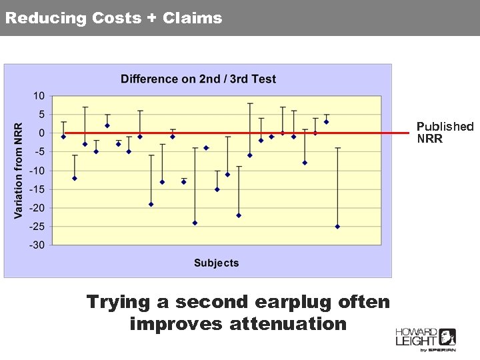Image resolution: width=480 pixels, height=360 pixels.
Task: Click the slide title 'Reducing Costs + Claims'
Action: click(x=113, y=18)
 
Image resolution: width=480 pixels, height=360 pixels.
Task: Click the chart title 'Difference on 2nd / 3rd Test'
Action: click(x=198, y=79)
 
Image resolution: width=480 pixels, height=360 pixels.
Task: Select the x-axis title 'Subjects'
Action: click(x=216, y=263)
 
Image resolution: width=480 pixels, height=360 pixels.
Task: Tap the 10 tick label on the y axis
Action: click(x=39, y=96)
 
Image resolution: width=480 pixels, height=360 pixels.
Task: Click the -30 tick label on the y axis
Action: click(x=37, y=245)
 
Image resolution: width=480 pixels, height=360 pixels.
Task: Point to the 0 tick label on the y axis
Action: click(x=42, y=133)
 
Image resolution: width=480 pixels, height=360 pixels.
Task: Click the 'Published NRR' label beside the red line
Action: click(x=445, y=133)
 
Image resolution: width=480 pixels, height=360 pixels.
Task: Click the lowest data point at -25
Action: click(x=337, y=227)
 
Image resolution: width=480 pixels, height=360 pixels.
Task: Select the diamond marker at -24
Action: click(x=195, y=223)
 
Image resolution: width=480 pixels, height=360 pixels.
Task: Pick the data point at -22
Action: click(x=239, y=215)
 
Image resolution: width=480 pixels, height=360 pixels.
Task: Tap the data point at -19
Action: click(x=151, y=204)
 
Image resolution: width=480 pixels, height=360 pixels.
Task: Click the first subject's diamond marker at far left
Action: click(x=63, y=137)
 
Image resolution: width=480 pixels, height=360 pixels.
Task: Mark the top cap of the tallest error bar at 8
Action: click(x=250, y=103)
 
